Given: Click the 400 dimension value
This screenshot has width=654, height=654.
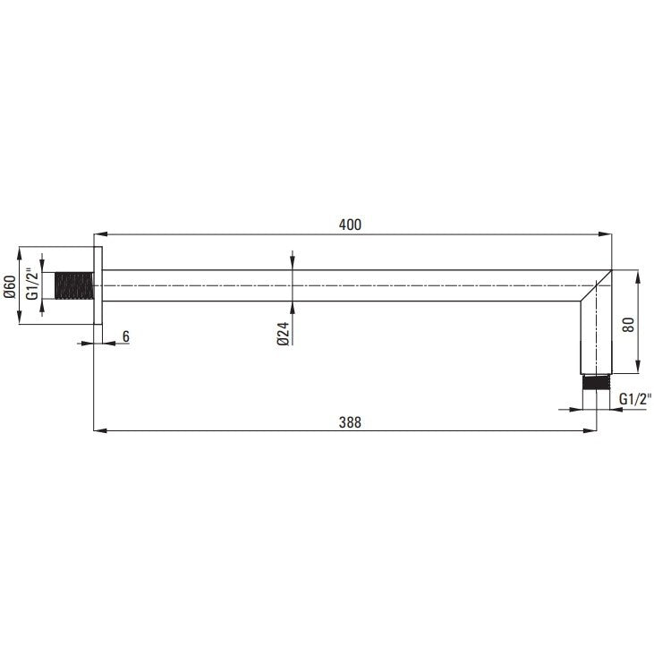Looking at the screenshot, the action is tap(350, 225).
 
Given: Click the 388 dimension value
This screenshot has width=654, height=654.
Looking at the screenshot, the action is tap(350, 422).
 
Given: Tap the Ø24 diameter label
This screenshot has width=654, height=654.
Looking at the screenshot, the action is tap(283, 334).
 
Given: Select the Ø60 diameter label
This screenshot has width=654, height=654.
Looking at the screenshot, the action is tap(10, 286).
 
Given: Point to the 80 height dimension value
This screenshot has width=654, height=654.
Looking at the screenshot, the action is tap(628, 325).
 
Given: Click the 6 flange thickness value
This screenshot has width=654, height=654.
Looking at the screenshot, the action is tap(126, 336).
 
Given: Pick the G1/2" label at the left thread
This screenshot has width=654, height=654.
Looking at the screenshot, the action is tap(32, 285).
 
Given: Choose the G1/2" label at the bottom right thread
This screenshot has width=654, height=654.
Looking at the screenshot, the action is tap(635, 399).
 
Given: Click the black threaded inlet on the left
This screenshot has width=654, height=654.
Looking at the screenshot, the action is tap(74, 285).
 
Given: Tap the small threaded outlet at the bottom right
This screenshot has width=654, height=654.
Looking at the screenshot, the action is tap(596, 383).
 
